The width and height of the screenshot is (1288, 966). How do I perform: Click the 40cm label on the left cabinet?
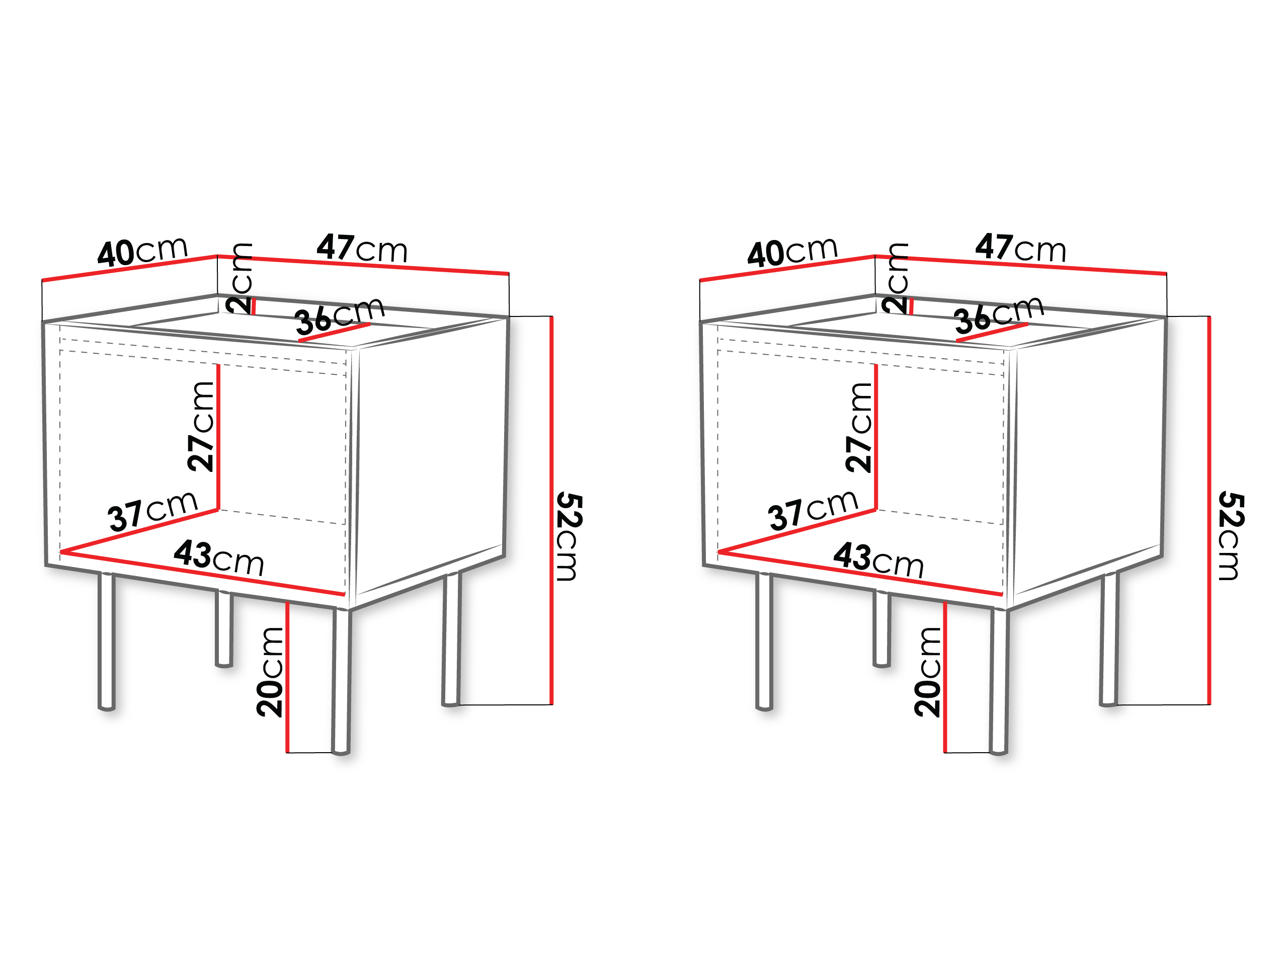coord(143,252)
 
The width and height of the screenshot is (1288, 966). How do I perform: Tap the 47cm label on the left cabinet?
coord(362,248)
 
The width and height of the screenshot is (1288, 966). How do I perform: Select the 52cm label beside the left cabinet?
coord(568,536)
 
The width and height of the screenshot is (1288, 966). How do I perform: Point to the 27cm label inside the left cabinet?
coord(201,426)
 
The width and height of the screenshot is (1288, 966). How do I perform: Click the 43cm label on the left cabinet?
coord(219,557)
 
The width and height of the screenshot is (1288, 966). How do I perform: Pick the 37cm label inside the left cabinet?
coord(152,511)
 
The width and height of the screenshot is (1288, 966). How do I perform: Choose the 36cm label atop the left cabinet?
coord(340,315)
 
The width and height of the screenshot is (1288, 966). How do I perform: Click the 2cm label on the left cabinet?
coord(239,278)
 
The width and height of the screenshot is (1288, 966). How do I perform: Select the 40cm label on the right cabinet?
coord(792,252)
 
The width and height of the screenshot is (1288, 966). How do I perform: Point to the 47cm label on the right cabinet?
coord(1021,248)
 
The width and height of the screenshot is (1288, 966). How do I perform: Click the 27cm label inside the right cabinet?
coord(859,427)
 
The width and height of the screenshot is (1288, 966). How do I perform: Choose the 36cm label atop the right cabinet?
coord(999,314)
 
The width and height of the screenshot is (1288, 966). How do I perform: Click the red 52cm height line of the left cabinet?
coord(551,511)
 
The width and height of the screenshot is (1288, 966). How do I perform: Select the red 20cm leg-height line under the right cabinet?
coord(945,677)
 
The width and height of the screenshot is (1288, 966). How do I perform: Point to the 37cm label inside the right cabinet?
coord(813,511)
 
